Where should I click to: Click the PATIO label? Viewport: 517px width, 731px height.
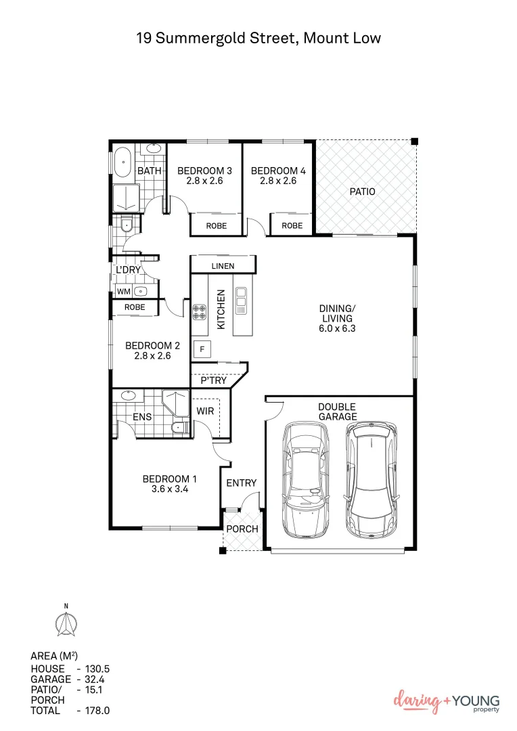tap(362, 192)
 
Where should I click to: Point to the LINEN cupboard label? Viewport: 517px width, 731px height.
tap(223, 266)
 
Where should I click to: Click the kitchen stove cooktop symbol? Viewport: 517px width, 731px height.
tap(200, 312)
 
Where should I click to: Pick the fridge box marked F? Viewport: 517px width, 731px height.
tap(202, 349)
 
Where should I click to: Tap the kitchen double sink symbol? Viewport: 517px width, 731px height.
tap(242, 301)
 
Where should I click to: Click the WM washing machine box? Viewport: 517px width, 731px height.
tap(123, 292)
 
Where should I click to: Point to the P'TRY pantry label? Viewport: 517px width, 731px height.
tap(214, 381)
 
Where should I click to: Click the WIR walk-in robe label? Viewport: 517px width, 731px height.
tap(205, 411)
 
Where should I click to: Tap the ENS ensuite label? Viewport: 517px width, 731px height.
tap(142, 417)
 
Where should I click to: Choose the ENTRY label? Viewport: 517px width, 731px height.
tap(241, 483)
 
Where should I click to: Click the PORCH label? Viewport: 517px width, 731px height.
tap(242, 529)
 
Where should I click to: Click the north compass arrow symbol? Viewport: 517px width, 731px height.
tap(66, 622)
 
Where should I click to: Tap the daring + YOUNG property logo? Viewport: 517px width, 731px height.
tap(446, 702)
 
